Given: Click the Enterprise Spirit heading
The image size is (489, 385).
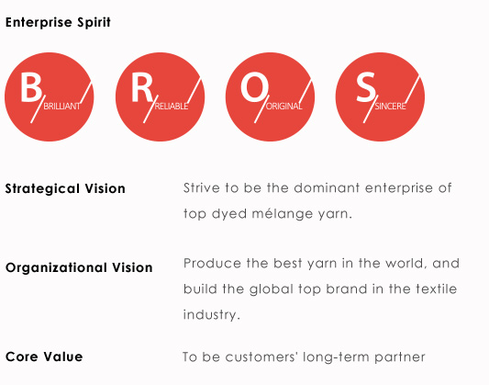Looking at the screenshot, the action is pos(58,22).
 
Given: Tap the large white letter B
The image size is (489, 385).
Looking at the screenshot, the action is pos(31,87).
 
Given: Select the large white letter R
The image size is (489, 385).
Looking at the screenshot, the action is pos(142,87).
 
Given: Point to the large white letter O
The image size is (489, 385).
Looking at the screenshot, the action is pos(254,87).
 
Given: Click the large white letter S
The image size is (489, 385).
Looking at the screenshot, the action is pos(365,87).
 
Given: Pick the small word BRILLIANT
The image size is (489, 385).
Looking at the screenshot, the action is pos(61,107).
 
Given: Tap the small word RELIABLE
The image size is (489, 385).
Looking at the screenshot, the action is pos(172,107).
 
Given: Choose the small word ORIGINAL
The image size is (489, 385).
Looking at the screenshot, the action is pos(283,107).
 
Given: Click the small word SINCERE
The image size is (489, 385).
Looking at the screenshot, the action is pos(390,107).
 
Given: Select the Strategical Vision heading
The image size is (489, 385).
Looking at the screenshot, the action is pos(65,189).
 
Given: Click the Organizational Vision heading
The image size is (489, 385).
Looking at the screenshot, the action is pos(79,268).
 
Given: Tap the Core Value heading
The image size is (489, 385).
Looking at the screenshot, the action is pos(44,357).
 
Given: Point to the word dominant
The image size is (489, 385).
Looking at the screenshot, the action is pos(327,188).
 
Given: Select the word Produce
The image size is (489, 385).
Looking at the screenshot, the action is pos(212,263).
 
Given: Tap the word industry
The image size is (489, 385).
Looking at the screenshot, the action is pos(211,315).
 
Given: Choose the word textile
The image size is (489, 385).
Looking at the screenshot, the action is pos(437,289).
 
